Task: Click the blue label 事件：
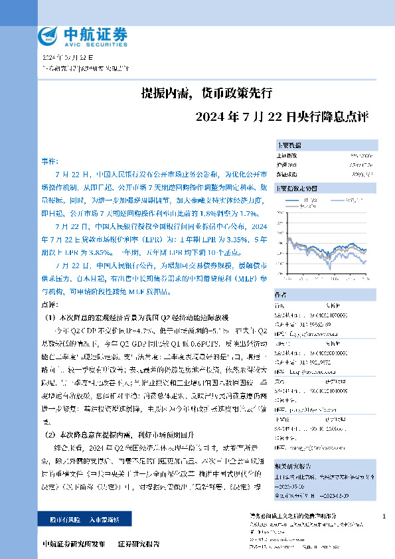[50, 161]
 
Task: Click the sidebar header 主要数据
[289, 145]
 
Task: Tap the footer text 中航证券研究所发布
[73, 544]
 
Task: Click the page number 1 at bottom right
[384, 516]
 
